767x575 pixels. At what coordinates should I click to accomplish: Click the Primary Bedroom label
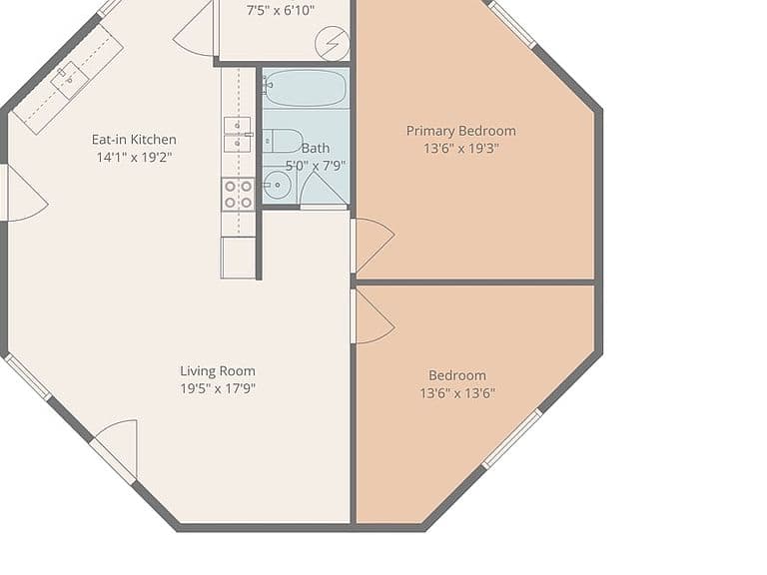[x=460, y=131]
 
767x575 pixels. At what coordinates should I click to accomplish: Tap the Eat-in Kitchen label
[x=134, y=140]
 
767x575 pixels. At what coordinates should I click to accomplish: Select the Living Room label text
[x=218, y=371]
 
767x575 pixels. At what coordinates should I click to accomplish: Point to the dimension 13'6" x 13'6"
[x=457, y=393]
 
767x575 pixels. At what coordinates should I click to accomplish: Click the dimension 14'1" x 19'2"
[x=134, y=157]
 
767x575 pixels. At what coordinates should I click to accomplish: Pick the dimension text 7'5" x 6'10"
[x=281, y=10]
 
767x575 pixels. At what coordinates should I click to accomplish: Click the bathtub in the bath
[x=306, y=88]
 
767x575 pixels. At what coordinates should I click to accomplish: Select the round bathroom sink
[x=278, y=185]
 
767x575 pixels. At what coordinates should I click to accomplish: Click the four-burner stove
[x=239, y=194]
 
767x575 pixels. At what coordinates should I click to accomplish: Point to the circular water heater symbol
[x=333, y=44]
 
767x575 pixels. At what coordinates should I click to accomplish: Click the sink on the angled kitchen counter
[x=70, y=79]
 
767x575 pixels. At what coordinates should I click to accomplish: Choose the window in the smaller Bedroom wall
[x=512, y=438]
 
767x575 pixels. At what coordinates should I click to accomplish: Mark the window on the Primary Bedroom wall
[x=513, y=24]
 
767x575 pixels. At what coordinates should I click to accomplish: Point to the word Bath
[x=316, y=148]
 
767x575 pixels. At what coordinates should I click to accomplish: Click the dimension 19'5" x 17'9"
[x=218, y=388]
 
